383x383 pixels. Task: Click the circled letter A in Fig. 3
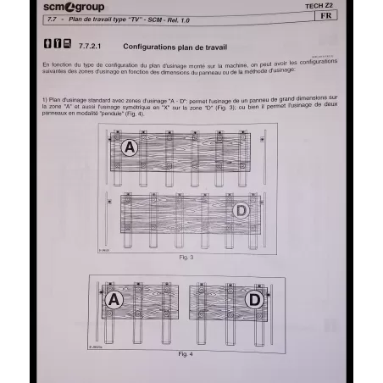coord(129,147)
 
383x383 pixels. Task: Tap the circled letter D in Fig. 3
coord(241,210)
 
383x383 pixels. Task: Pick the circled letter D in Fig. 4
coord(253,299)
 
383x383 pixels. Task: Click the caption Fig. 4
coord(186,352)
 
